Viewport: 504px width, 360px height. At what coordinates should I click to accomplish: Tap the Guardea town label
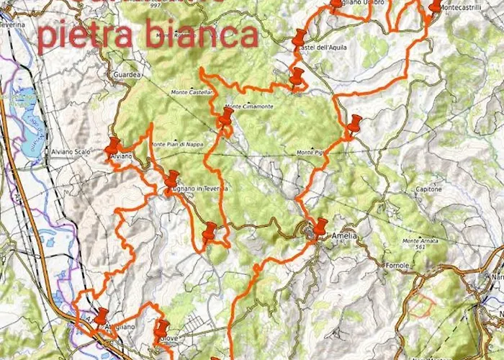(125, 73)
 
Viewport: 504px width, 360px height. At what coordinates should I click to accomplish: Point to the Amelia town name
(343, 235)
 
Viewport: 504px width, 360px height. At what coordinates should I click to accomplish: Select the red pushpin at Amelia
(320, 225)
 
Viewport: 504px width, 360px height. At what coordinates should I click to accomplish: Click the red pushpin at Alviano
(113, 145)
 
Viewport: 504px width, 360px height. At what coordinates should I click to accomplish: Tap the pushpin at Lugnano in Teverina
(171, 179)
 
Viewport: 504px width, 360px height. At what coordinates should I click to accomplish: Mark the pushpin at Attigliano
(101, 315)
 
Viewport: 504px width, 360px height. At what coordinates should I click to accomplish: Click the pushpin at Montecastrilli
(435, 6)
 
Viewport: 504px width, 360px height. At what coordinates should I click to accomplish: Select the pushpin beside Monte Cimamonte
(227, 116)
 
